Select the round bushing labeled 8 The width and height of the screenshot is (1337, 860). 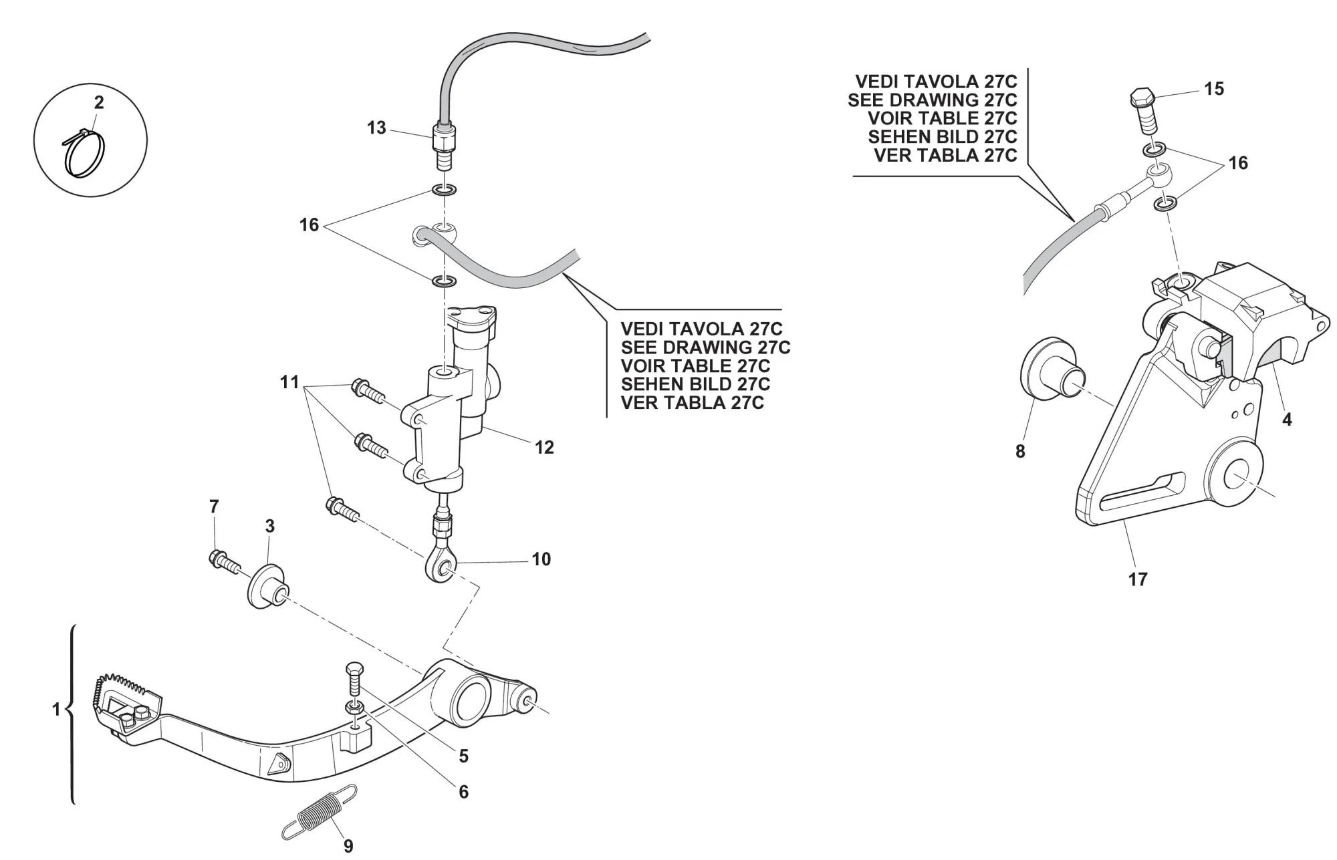coord(1050,370)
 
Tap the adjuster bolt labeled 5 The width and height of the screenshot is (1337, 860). coord(354,681)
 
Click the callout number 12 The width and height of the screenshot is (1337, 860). coord(544,447)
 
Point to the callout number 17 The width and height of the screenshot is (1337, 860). coord(1138,579)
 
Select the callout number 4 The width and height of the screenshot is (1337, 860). coord(1287,420)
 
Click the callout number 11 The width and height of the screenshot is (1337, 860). coord(289,382)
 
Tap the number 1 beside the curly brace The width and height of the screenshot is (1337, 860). coord(57,709)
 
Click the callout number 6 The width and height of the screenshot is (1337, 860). coord(463,792)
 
